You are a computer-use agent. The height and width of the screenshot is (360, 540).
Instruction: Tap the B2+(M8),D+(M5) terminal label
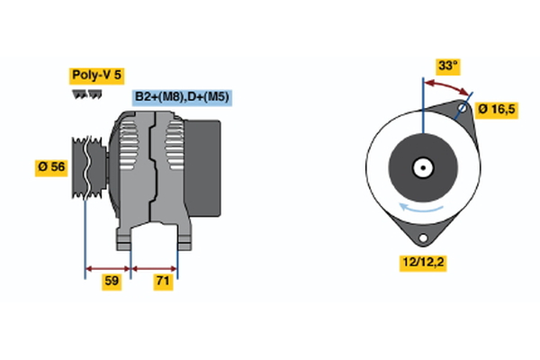pyautogui.click(x=181, y=97)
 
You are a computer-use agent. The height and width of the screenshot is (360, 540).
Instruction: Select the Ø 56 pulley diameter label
pyautogui.click(x=50, y=166)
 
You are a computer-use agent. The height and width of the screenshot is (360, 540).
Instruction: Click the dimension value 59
pyautogui.click(x=112, y=282)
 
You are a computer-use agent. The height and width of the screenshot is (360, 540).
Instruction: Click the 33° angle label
pyautogui.click(x=448, y=66)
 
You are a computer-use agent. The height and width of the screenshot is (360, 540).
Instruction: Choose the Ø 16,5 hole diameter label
pyautogui.click(x=496, y=110)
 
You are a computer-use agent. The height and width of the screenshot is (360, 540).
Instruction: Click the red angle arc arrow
pyautogui.click(x=447, y=85)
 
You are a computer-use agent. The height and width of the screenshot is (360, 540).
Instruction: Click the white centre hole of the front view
pyautogui.click(x=421, y=166)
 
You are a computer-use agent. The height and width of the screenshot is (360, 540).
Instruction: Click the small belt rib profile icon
pyautogui.click(x=85, y=93)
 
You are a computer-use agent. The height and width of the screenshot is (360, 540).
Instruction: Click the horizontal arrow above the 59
pyautogui.click(x=108, y=267)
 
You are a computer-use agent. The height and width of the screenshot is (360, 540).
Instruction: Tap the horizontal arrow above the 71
pyautogui.click(x=155, y=267)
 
